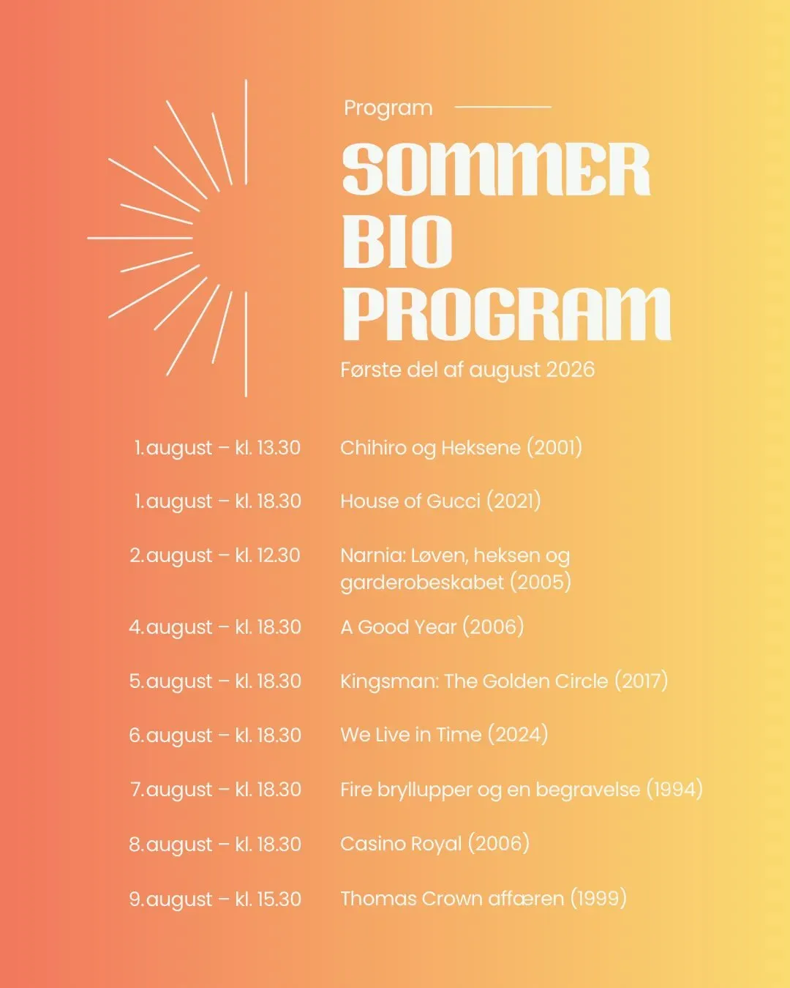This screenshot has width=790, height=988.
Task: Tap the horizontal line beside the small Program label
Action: [x=503, y=107]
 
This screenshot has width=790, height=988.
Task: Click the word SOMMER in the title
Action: [x=496, y=168]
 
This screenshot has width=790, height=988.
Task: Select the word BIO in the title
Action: [x=397, y=242]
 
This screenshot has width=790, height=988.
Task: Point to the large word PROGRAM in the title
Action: [x=507, y=314]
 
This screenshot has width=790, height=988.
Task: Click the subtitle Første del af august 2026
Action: [x=467, y=370]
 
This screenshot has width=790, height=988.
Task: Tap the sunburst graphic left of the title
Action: [x=168, y=238]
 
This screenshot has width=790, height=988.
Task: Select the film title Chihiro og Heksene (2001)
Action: [x=461, y=448]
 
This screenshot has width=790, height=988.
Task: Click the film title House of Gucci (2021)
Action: [x=440, y=501]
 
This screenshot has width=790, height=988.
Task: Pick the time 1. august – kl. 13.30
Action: [x=217, y=448]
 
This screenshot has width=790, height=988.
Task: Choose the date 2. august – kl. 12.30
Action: [x=215, y=555]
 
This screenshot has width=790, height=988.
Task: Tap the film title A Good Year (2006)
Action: [x=432, y=627]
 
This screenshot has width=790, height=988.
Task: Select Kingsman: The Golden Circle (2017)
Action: [x=504, y=681]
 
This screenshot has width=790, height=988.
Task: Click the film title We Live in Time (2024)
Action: [x=444, y=735]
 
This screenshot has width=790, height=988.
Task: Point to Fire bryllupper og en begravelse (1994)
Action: [x=522, y=789]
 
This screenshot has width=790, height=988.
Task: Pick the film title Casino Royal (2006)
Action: [x=434, y=844]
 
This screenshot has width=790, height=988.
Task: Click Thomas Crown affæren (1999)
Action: [x=484, y=899]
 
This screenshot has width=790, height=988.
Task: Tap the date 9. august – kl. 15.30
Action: [x=215, y=899]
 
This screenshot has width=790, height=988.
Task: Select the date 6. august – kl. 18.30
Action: [x=215, y=735]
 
